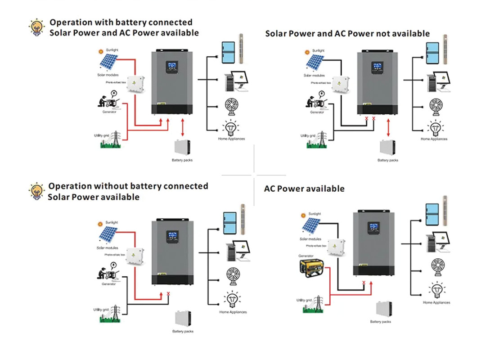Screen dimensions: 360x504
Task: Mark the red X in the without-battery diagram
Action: tap(168, 294)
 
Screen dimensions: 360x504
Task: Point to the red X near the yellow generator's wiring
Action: tap(364, 283)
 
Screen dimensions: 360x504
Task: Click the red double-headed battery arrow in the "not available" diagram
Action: tap(388, 129)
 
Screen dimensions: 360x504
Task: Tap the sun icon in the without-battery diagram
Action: tap(100, 224)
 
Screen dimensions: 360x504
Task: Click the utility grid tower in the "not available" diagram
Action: tap(320, 139)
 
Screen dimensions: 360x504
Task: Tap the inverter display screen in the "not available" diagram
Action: tap(377, 67)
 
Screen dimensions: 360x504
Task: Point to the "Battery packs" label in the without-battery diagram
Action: tap(183, 332)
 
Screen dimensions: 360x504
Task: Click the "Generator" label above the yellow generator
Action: tap(306, 256)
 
